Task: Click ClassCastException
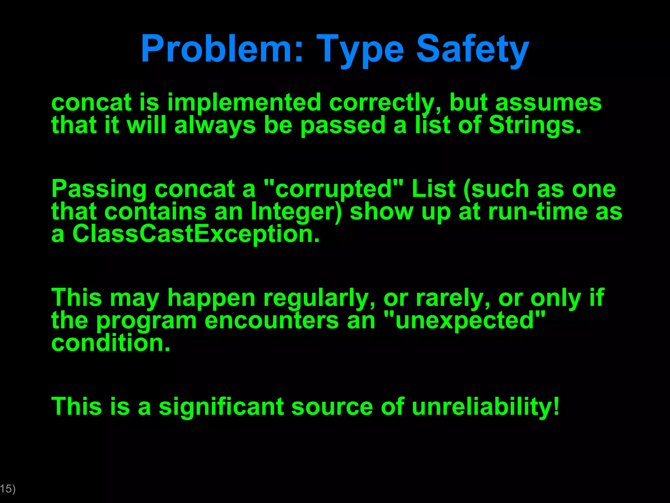(195, 234)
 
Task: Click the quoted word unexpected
(464, 321)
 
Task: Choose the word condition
(111, 343)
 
